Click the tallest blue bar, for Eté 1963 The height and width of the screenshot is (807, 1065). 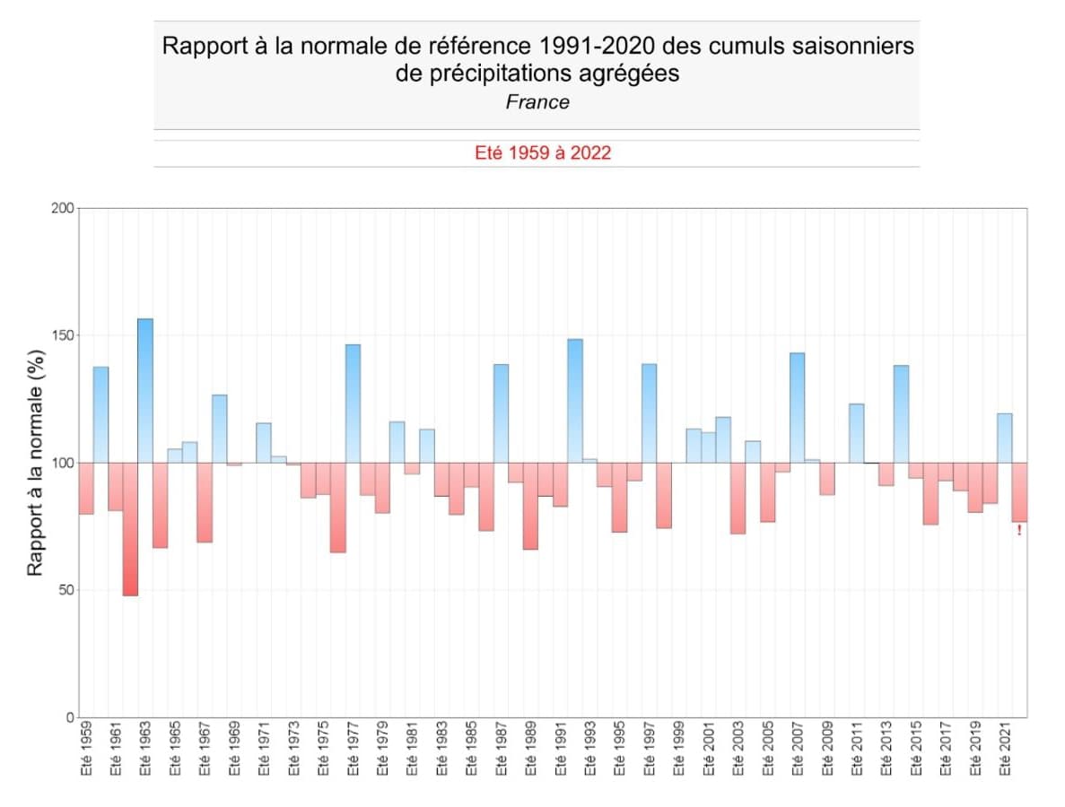click(x=144, y=391)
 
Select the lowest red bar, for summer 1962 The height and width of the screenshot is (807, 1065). click(x=130, y=529)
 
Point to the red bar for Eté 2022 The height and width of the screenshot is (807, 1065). click(x=1019, y=492)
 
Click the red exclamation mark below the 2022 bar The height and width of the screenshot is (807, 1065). click(x=1019, y=531)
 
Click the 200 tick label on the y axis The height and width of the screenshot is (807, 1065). click(x=62, y=208)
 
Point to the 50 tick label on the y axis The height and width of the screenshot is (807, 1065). click(x=65, y=590)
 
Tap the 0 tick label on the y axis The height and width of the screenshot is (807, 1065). click(x=69, y=717)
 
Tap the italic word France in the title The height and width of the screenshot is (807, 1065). click(x=537, y=102)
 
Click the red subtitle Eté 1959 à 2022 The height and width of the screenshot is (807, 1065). click(x=542, y=153)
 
